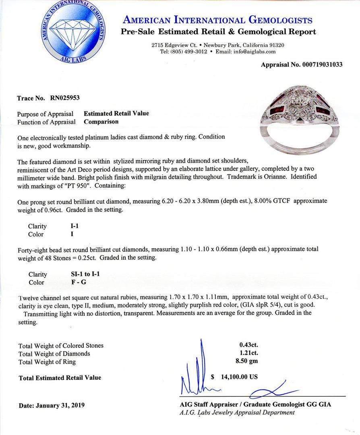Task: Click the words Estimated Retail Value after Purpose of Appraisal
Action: [x=116, y=114]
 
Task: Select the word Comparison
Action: [x=101, y=122]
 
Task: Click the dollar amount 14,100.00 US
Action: [x=239, y=377]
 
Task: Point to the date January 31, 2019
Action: [x=52, y=405]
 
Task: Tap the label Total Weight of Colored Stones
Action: [x=61, y=346]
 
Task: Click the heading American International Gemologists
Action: [x=217, y=20]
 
